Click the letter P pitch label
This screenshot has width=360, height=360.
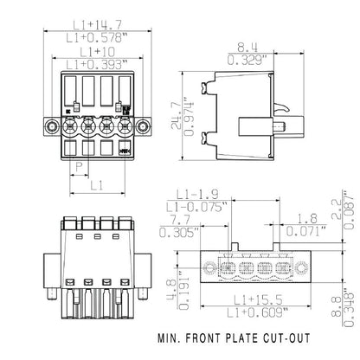point(79,166)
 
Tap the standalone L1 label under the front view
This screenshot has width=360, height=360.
point(97,185)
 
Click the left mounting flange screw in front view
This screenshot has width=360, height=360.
point(51,127)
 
